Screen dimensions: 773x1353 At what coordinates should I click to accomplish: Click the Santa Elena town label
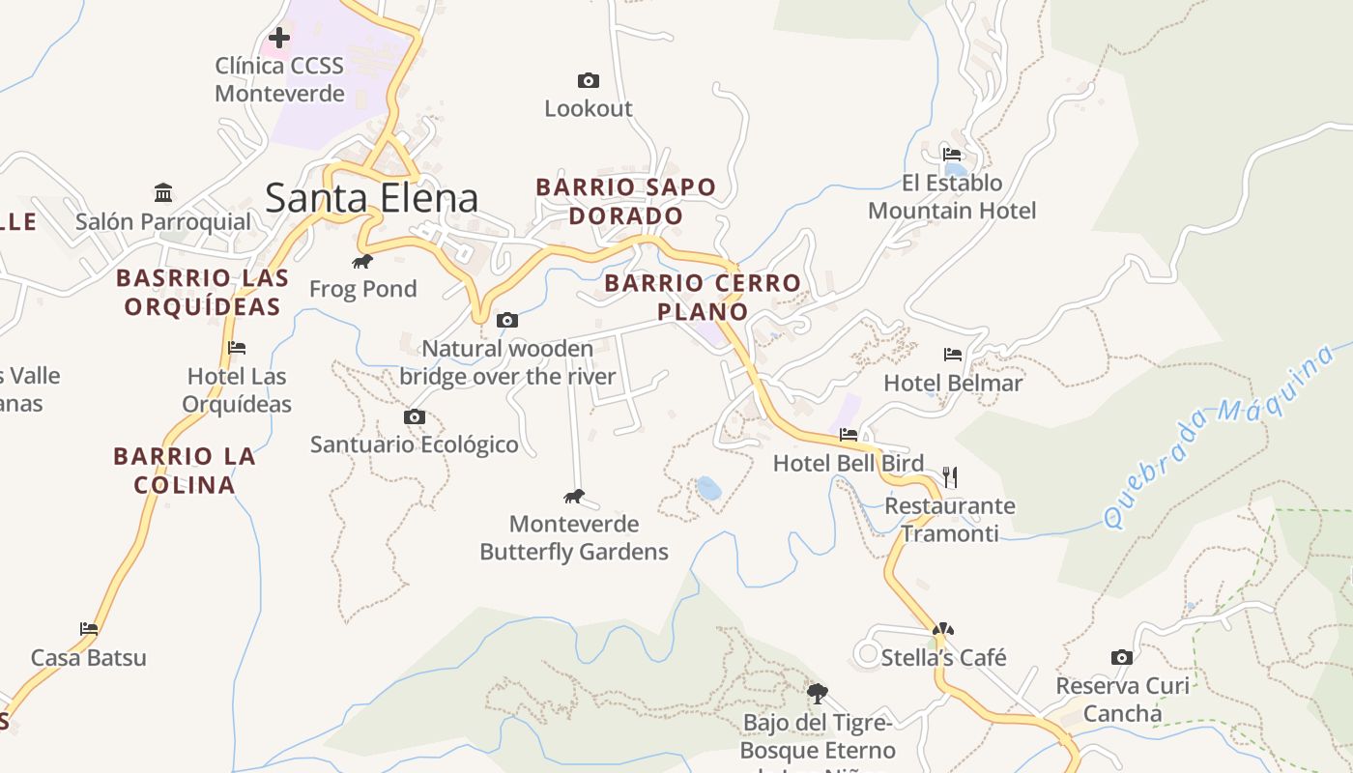pos(371,198)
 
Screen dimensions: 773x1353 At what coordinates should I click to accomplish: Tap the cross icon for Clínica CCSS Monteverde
pos(279,38)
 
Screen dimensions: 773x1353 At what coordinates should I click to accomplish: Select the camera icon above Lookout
pos(588,80)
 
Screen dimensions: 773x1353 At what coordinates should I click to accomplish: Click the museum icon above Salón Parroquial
pos(163,193)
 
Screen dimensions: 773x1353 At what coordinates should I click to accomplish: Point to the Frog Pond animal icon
pos(362,261)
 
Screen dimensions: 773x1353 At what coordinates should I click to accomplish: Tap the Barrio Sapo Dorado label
pos(626,201)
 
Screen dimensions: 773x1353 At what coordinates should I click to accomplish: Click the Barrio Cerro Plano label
pos(703,298)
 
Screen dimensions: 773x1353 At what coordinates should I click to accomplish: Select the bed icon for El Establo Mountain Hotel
pos(952,154)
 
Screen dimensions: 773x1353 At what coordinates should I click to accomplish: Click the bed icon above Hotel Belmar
pos(953,355)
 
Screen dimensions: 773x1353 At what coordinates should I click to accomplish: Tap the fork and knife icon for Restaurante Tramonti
pos(950,477)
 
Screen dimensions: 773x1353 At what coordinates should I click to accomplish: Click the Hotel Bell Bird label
pos(848,464)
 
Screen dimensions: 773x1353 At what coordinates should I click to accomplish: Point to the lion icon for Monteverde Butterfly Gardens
pos(574,497)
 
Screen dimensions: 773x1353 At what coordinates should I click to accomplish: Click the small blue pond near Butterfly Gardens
pos(708,488)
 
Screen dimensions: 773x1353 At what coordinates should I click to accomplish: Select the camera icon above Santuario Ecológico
pos(414,416)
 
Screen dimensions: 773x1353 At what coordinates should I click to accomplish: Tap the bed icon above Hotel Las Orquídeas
pos(237,348)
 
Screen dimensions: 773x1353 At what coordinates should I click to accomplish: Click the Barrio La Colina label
pos(184,470)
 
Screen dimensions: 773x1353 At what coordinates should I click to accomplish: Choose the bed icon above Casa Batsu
pos(89,629)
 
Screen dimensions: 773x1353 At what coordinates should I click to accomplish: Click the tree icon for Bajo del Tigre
pos(818,693)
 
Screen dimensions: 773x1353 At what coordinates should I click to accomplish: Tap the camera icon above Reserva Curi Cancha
pos(1121,658)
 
